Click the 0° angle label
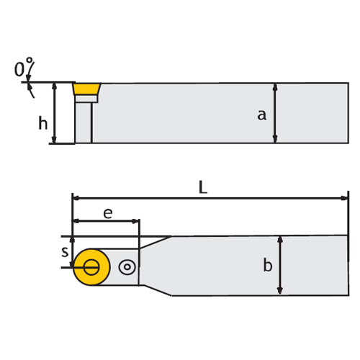pos(24,67)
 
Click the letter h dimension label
pos(43,123)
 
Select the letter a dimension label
pos(261,115)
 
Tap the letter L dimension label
pos(203,187)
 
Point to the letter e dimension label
pos(108,213)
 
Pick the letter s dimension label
pos(65,252)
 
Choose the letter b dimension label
pos(268,265)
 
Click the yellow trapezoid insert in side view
pos(87,89)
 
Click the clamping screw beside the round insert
pos(127,267)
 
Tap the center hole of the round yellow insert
pos(91,267)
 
